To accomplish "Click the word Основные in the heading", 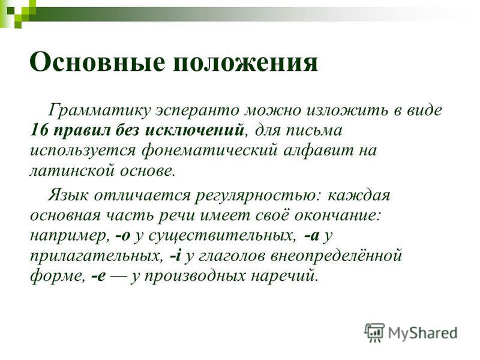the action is point(97,62).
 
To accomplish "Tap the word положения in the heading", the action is point(245,63).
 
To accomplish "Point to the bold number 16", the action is point(39,130).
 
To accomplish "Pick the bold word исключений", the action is point(194,130).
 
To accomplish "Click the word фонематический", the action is point(210,151).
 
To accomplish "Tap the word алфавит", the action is point(319,151).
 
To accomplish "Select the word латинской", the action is point(72,171).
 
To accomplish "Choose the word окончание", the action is point(338,215).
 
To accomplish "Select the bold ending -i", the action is point(175,256).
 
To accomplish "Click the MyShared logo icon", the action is point(374,332).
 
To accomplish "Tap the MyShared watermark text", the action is point(423,333).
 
